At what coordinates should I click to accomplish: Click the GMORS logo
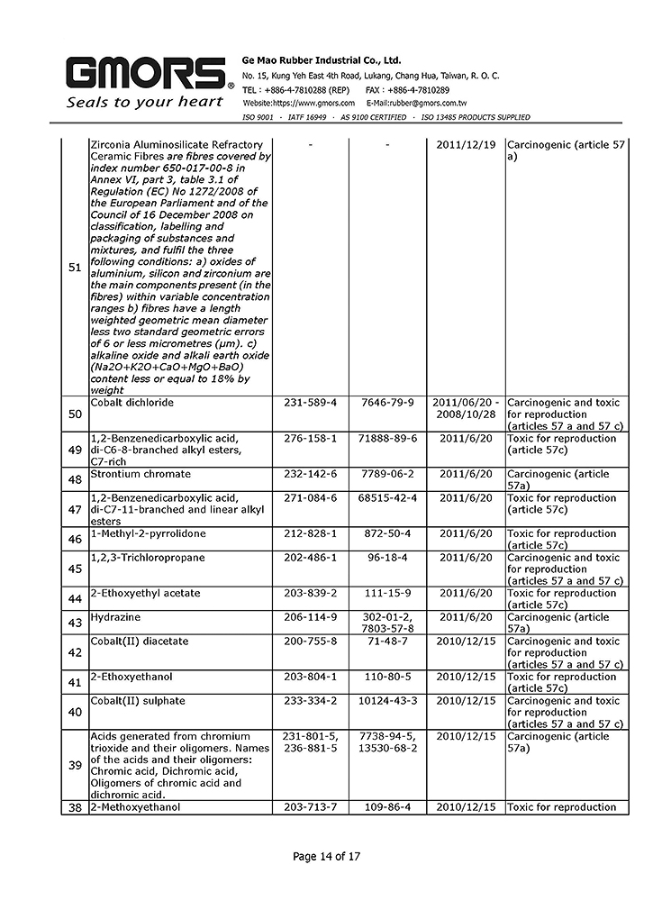click(145, 73)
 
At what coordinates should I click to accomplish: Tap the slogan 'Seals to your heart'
click(145, 102)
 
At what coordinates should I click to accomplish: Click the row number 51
click(75, 268)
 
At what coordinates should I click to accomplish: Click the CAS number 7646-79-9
click(386, 402)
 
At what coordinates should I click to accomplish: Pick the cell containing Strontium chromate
click(141, 474)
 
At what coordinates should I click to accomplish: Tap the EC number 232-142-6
click(309, 474)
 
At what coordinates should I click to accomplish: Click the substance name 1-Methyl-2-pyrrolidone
click(148, 533)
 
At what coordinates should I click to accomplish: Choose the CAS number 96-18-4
click(386, 558)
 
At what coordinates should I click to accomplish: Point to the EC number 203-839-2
click(309, 593)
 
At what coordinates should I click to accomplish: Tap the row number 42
click(75, 653)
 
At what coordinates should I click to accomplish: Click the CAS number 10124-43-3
click(386, 701)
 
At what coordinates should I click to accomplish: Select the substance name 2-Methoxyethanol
click(135, 807)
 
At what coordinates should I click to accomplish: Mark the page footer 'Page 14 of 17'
click(326, 856)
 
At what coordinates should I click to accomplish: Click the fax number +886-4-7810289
click(421, 90)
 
